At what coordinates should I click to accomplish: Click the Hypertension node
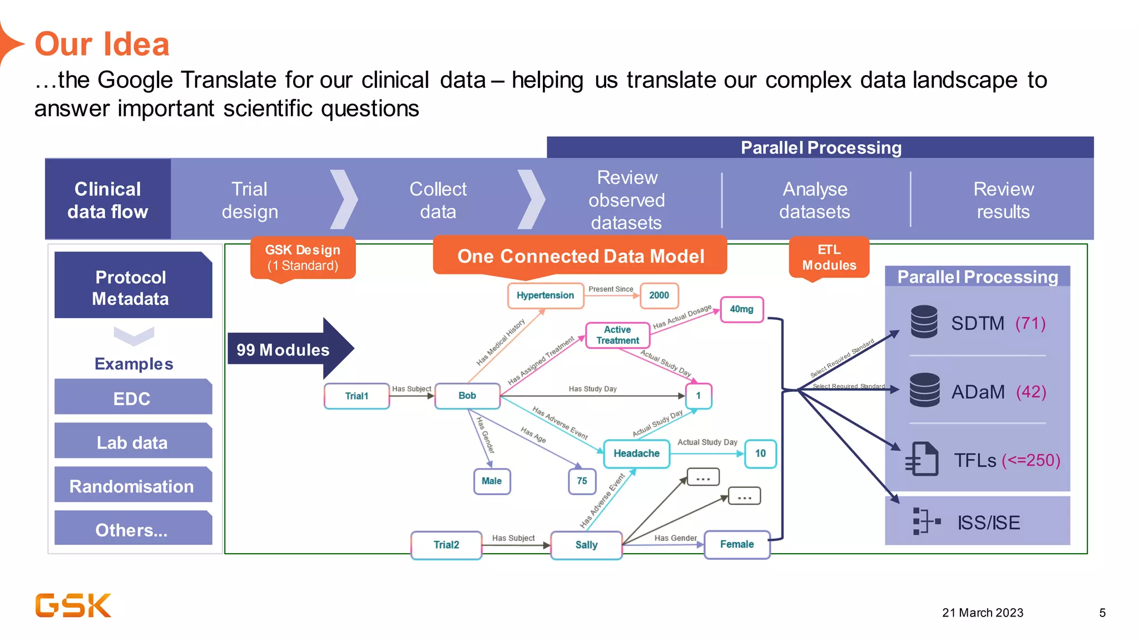(545, 295)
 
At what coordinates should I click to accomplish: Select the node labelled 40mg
(741, 309)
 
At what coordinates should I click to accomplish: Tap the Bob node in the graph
(467, 396)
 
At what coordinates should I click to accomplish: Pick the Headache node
(636, 453)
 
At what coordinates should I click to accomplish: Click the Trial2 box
(446, 545)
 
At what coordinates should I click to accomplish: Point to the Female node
(737, 544)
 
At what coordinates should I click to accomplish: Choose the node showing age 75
(582, 481)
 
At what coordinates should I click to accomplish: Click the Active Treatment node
(617, 335)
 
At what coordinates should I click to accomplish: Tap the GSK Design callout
(303, 258)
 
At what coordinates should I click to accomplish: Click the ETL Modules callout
(829, 258)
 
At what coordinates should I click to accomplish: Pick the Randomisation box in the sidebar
(132, 486)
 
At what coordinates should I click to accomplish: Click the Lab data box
(132, 442)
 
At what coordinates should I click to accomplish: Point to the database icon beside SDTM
(924, 322)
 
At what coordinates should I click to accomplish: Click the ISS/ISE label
(988, 522)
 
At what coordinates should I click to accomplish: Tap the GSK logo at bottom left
(73, 605)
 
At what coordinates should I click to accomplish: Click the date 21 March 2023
(982, 613)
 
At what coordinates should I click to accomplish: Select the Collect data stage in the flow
(438, 200)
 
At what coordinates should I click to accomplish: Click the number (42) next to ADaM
(1031, 392)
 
